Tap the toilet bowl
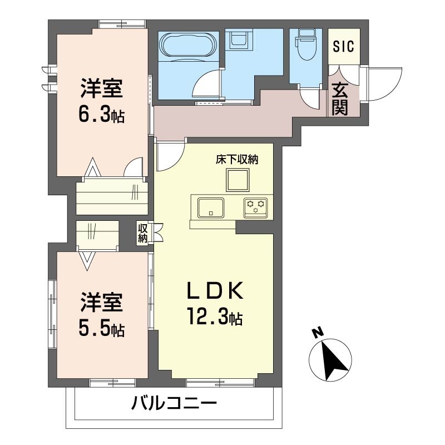(305, 44)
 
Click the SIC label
(343, 47)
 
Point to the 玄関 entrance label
(339, 98)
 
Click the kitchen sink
(211, 207)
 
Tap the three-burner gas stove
(256, 208)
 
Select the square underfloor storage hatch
(238, 180)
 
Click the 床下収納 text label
(237, 160)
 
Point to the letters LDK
(215, 290)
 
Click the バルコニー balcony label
(174, 403)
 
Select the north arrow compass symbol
(330, 360)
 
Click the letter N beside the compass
(318, 332)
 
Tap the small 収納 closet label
(143, 233)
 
